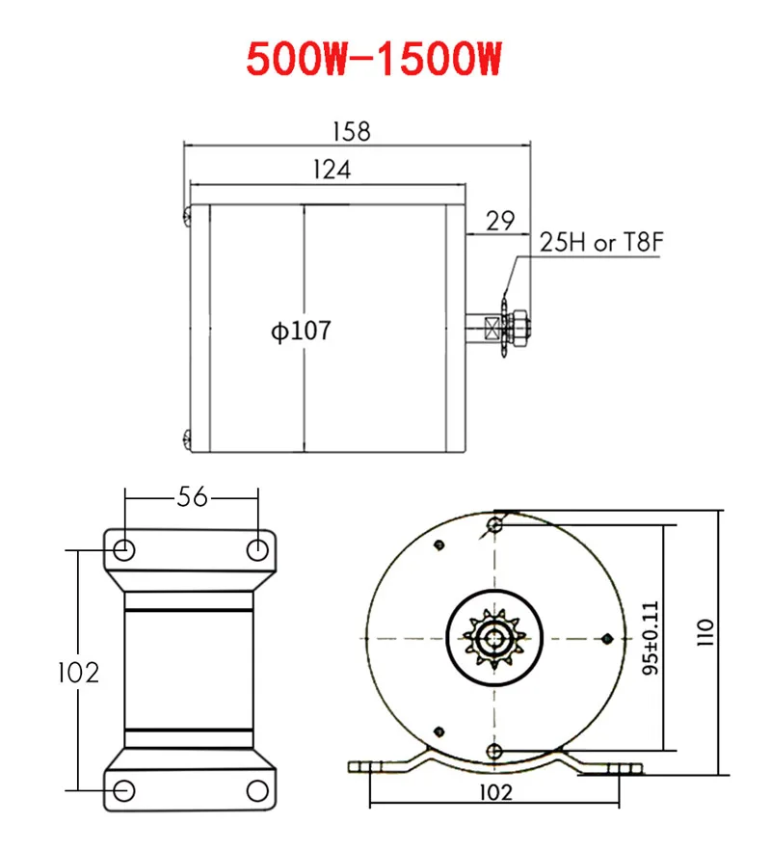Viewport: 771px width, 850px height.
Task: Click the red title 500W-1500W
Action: click(x=375, y=60)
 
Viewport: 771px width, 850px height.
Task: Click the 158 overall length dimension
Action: click(x=350, y=132)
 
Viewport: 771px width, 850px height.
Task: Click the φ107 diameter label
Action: click(x=300, y=331)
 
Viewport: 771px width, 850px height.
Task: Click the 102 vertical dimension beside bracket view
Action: click(x=77, y=671)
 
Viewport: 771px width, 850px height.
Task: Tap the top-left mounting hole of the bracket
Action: click(x=125, y=550)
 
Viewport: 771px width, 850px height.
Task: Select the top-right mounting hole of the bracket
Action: click(x=257, y=550)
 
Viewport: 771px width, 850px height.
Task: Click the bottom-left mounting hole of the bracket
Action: click(x=125, y=790)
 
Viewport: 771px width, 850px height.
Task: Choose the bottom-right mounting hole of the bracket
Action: click(x=257, y=790)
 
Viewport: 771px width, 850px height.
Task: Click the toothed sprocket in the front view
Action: click(x=493, y=638)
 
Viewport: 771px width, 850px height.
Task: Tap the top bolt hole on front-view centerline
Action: click(x=494, y=525)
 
